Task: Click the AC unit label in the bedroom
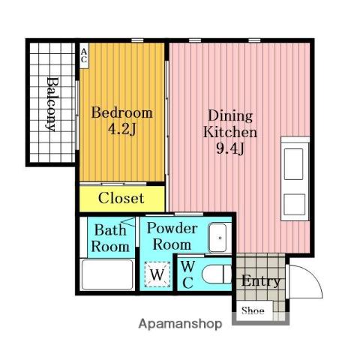click(x=84, y=55)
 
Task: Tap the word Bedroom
click(x=122, y=112)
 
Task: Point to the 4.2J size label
click(x=122, y=130)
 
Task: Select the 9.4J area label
click(x=230, y=149)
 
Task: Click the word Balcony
click(x=52, y=104)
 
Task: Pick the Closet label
click(x=121, y=198)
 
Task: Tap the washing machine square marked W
click(x=157, y=274)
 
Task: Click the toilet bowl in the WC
click(x=217, y=274)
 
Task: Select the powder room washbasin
click(x=217, y=238)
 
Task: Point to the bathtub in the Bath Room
click(x=107, y=274)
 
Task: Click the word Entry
click(x=260, y=282)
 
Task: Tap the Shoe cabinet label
click(x=253, y=310)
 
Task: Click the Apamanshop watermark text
click(x=180, y=324)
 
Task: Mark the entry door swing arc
click(x=314, y=275)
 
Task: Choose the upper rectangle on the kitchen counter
click(x=294, y=164)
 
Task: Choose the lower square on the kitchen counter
click(x=295, y=205)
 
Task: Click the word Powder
click(x=172, y=228)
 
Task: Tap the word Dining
click(x=230, y=116)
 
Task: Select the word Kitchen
click(x=230, y=133)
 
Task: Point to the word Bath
click(x=110, y=230)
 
